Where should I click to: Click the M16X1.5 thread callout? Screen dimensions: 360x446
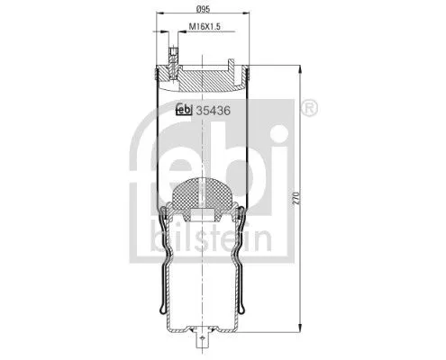205,28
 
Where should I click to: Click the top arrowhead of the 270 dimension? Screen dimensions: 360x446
297,69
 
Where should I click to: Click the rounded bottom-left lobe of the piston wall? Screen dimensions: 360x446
167,314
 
